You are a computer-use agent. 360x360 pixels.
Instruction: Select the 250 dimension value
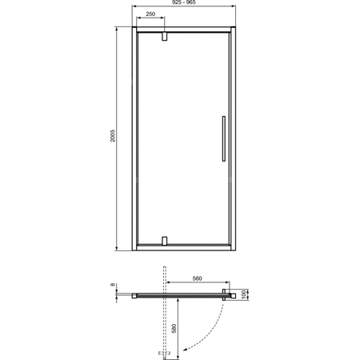[150, 14]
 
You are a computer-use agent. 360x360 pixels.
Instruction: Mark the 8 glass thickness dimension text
[115, 285]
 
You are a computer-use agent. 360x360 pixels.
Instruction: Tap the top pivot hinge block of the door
[164, 37]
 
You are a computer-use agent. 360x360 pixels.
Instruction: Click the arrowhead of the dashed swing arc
[183, 348]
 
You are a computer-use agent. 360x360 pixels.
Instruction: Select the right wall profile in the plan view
[233, 294]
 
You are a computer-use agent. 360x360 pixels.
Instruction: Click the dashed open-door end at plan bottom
[165, 351]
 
